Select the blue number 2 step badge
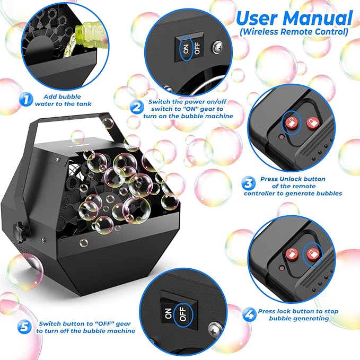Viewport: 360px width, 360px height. (137, 107)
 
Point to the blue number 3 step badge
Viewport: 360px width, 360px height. (248, 183)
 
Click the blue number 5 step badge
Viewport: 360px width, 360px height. (24, 326)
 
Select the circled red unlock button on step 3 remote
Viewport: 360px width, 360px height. (290, 122)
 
